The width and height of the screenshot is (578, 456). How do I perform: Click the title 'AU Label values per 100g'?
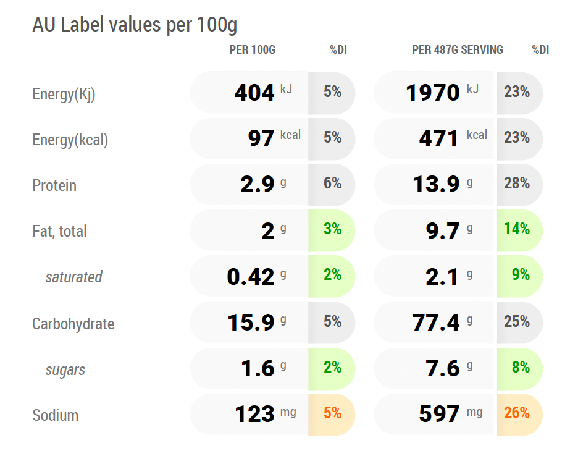pos(135,25)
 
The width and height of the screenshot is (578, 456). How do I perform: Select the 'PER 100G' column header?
pos(252,50)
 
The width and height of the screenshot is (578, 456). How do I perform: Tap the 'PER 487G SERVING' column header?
pos(458,50)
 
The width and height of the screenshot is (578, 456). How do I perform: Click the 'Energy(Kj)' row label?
pos(64,94)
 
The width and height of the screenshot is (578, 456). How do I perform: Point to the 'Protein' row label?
pos(54,185)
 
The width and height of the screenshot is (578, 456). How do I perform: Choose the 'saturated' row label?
pos(73,277)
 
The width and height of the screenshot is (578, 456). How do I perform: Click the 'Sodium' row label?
pos(56,415)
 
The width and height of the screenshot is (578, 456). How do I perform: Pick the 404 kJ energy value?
pos(254,92)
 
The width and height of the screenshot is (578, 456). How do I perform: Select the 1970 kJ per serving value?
pos(433,92)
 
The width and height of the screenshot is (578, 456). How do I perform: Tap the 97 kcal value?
pos(261,138)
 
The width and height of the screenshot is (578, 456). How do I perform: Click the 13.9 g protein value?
pos(436,184)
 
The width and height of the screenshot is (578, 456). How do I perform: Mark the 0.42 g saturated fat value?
pos(251,277)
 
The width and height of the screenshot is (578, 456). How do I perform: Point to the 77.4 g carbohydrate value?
pos(436,323)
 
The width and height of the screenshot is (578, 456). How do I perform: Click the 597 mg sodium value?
pos(439,414)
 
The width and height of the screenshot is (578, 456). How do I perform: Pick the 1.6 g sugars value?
pos(258,368)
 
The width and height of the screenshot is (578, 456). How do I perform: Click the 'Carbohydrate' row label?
pos(73,324)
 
